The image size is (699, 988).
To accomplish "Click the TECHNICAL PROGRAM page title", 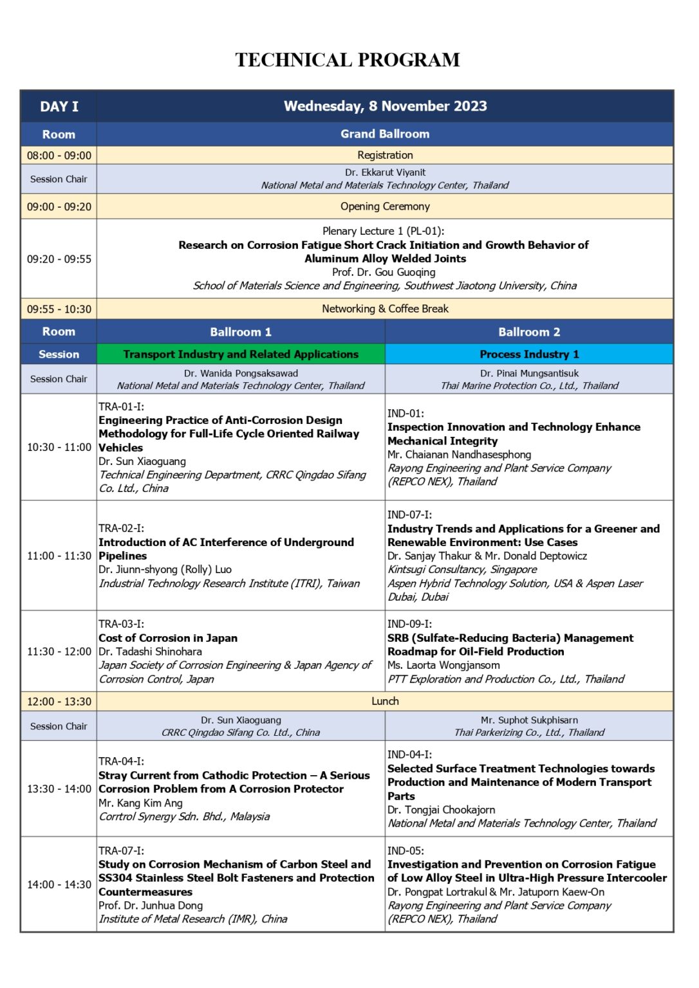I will click(348, 60).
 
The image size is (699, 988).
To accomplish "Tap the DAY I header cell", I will click(59, 107).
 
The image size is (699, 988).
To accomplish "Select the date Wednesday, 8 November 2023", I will click(385, 106).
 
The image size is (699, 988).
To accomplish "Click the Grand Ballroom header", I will click(385, 134).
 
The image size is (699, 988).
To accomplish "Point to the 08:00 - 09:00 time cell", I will click(59, 156).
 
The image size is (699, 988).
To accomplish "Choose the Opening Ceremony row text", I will click(385, 206).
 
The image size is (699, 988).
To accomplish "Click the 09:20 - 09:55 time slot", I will click(59, 259).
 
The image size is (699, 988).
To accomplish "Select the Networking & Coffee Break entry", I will click(385, 309).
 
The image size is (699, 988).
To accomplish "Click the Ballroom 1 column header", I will click(241, 332).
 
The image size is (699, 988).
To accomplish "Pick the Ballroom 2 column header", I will click(529, 332).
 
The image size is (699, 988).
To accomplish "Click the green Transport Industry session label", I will click(241, 354).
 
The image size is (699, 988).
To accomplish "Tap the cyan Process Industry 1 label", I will click(529, 354).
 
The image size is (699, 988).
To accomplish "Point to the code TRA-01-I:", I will click(121, 407).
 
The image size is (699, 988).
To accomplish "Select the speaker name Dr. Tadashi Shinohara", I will click(150, 652).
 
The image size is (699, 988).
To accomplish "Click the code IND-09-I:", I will click(409, 624).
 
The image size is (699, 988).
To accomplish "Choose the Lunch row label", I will click(385, 701).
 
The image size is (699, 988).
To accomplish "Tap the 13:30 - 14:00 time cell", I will click(59, 789).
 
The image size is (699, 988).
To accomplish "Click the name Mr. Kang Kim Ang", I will click(140, 803).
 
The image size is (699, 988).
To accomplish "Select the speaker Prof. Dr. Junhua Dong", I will click(151, 906).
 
